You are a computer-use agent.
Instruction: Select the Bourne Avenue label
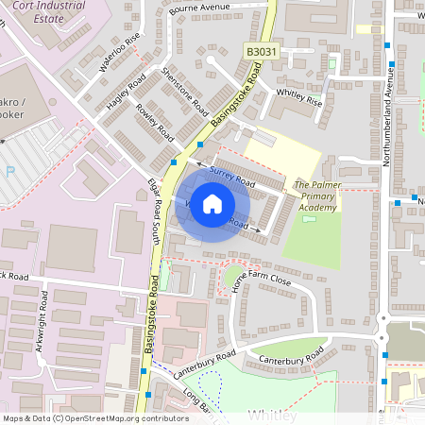tap(199, 10)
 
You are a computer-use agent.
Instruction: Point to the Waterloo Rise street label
tap(120, 52)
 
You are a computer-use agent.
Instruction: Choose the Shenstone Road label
tap(184, 91)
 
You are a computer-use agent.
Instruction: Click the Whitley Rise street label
tap(298, 97)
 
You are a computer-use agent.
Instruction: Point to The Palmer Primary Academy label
tap(315, 195)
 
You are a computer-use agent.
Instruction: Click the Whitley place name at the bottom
tap(273, 416)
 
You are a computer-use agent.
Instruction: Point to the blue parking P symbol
tap(9, 172)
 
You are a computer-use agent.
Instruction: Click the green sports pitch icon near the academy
tap(310, 220)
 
